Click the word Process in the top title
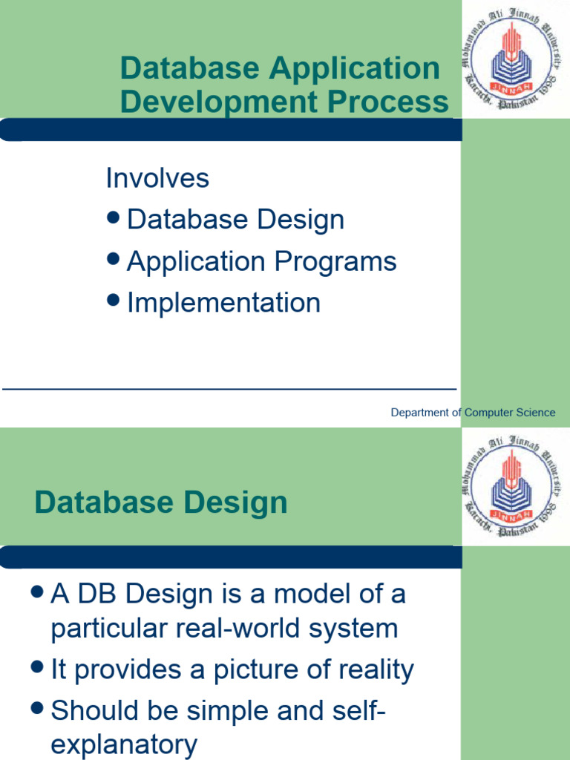(x=394, y=102)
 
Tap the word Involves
(x=157, y=178)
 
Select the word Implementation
(x=223, y=303)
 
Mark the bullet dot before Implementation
(x=114, y=300)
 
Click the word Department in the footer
(x=419, y=413)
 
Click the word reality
(x=370, y=670)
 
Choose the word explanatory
(x=124, y=744)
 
